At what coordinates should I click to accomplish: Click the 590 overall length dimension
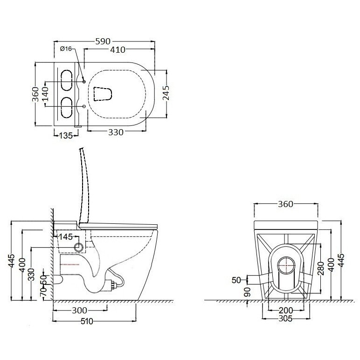coord(103,42)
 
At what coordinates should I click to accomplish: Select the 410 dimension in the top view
coord(118,49)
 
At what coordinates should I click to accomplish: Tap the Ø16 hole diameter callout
coord(66,48)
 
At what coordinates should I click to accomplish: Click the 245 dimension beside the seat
coord(166,93)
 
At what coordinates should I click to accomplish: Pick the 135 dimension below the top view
coord(66,136)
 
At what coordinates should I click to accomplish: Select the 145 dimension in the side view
coord(66,237)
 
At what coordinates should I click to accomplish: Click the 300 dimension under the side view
coord(79,311)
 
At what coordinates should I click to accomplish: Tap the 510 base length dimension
coord(87,321)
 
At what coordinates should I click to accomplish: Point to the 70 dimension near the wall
coord(43,291)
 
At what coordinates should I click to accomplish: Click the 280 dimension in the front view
coord(321,268)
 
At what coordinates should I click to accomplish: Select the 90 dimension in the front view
coord(248,292)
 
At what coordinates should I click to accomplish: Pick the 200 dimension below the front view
coord(286,311)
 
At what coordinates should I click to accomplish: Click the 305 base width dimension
coord(285,318)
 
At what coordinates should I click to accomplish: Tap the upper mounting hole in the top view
coord(84,82)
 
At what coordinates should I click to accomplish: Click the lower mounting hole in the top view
coord(84,106)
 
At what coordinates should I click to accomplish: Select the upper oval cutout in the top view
coord(67,81)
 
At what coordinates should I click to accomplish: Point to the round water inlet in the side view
coord(79,247)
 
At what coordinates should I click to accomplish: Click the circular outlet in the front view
coord(286,265)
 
